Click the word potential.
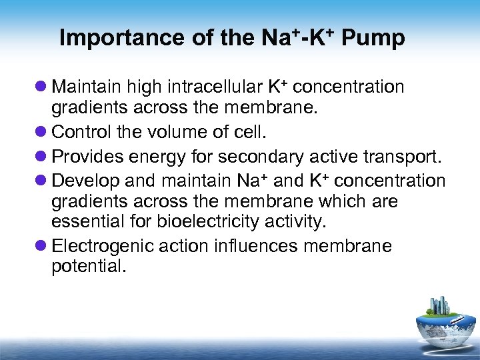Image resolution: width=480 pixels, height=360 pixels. [x=87, y=267]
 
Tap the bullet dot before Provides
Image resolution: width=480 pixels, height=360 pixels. [x=42, y=156]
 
